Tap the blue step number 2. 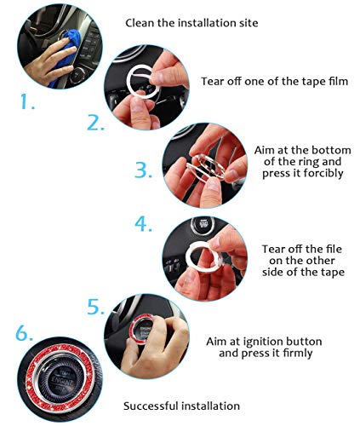[94, 122]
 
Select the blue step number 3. [143, 170]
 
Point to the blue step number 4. [144, 225]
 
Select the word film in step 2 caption [319, 81]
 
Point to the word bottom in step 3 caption [328, 149]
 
